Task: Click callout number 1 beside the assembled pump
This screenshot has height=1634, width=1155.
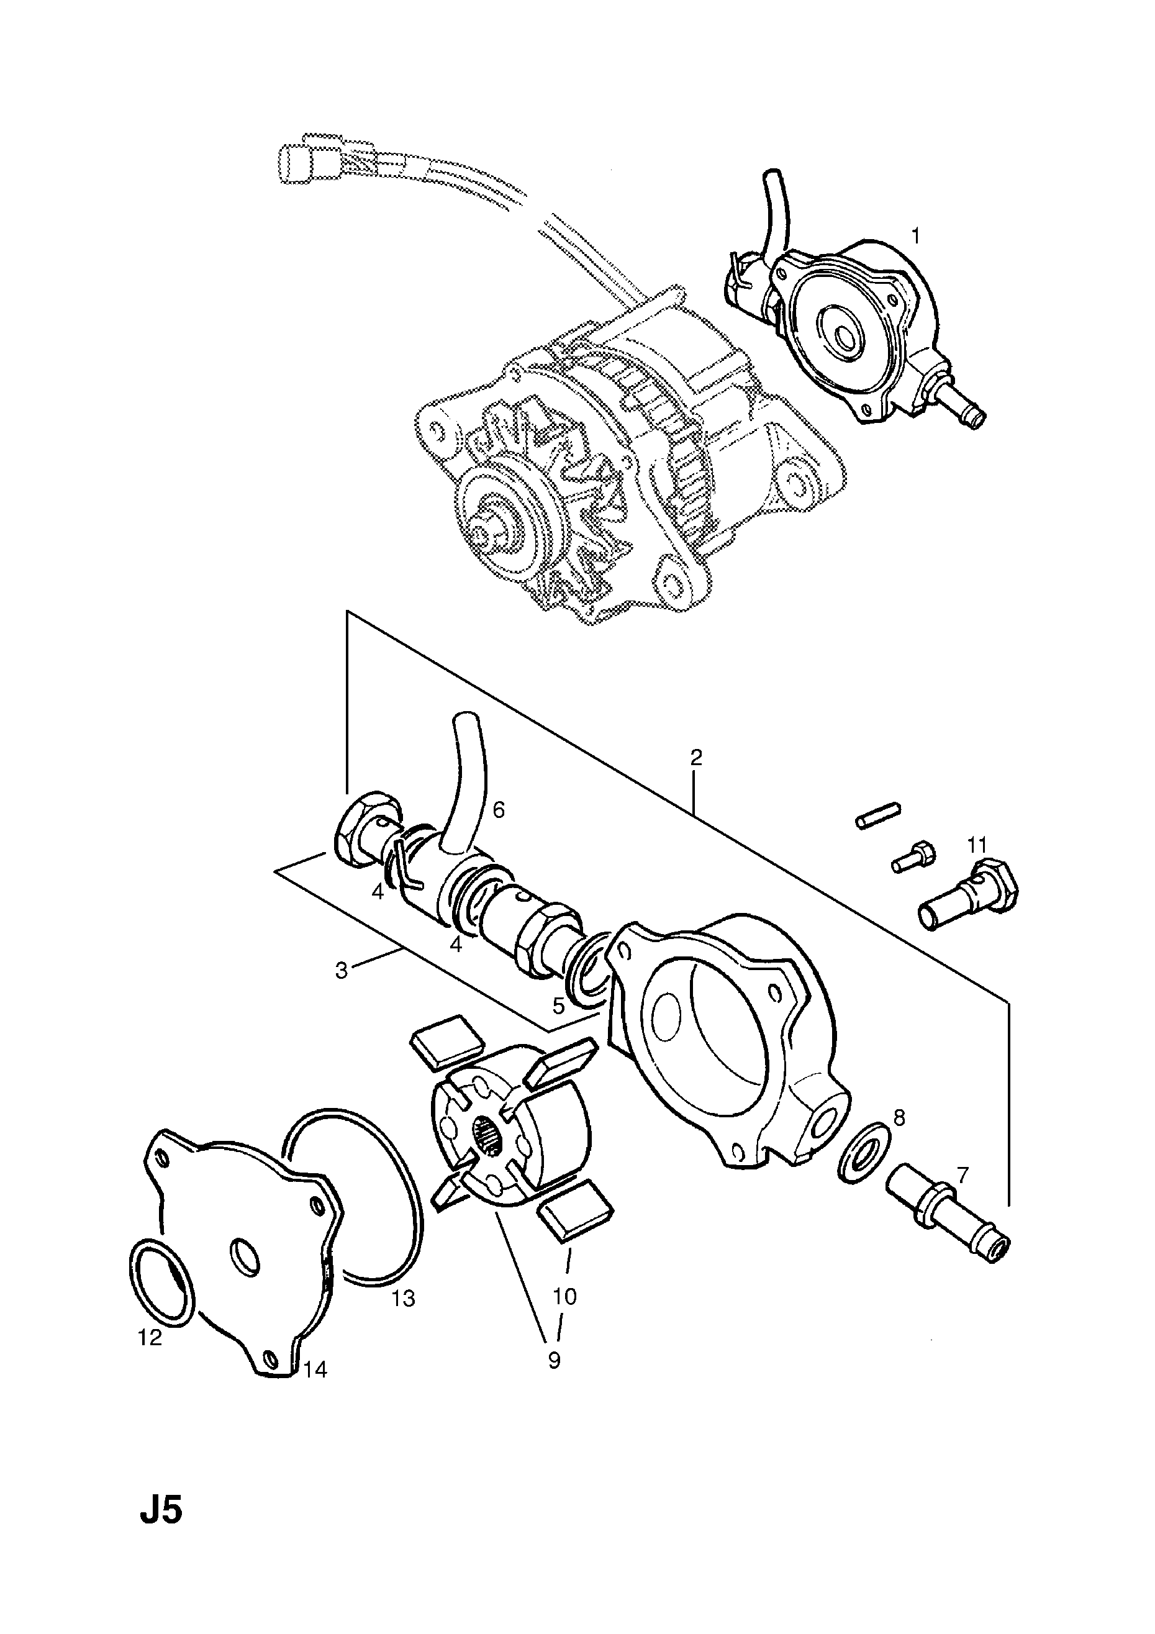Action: click(916, 235)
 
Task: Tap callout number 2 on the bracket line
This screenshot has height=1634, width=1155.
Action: click(696, 756)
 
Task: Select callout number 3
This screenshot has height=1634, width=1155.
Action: click(342, 970)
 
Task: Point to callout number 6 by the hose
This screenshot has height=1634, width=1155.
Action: click(498, 809)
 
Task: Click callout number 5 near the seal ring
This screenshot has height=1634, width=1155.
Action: click(559, 1005)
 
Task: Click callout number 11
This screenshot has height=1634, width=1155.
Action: click(976, 845)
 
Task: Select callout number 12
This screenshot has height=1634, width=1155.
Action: click(150, 1338)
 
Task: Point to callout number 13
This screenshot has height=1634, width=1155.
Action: click(403, 1299)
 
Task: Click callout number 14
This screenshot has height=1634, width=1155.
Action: click(315, 1369)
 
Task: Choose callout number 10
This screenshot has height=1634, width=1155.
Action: click(564, 1297)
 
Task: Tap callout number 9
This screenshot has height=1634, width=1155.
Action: click(554, 1361)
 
